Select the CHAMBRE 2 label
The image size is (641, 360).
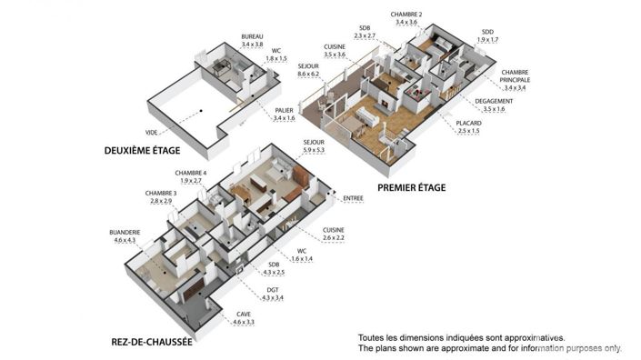point(407,15)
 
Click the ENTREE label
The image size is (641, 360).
point(353,196)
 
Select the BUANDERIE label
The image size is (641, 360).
point(125,232)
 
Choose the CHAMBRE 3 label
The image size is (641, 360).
point(159,193)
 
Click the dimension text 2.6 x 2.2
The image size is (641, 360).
point(334,237)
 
